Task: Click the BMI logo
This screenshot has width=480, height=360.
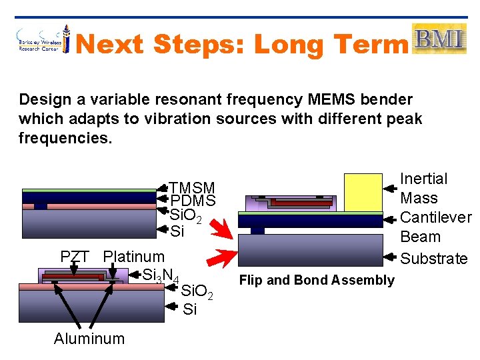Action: (439, 39)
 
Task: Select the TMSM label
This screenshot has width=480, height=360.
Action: (191, 188)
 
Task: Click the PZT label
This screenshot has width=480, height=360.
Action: (75, 257)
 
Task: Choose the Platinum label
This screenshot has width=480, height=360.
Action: (133, 257)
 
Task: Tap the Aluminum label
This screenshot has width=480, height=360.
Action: (89, 339)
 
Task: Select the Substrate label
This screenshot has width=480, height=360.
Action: (433, 258)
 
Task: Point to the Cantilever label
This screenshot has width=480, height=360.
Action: (435, 217)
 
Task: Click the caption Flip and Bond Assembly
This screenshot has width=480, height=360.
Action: (317, 280)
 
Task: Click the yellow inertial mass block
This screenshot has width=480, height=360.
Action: (363, 192)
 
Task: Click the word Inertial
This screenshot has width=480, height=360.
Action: (423, 179)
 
